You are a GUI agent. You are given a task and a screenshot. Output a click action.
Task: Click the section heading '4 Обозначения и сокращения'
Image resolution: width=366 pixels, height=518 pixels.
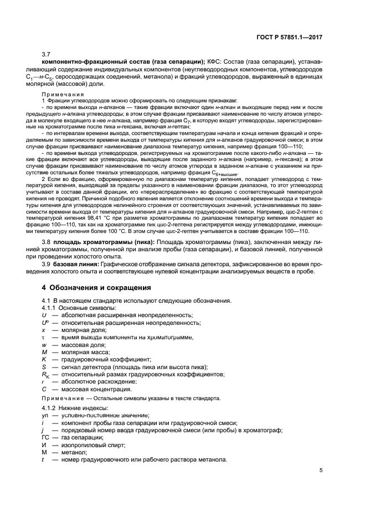(97, 287)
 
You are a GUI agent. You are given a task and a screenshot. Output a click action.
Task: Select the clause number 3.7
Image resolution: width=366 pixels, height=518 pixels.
(47, 54)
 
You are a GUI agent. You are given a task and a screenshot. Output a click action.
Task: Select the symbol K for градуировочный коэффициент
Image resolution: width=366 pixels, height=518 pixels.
(43, 359)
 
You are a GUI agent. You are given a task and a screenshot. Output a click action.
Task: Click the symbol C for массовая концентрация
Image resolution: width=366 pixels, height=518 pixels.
(43, 389)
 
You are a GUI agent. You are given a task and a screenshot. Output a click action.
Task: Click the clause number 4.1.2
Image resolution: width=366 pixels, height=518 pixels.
(51, 408)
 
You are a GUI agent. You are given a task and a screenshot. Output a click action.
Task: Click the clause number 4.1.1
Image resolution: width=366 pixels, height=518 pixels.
(51, 307)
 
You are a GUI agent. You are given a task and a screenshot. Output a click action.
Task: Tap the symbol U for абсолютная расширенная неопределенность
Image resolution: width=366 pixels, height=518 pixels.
(43, 314)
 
